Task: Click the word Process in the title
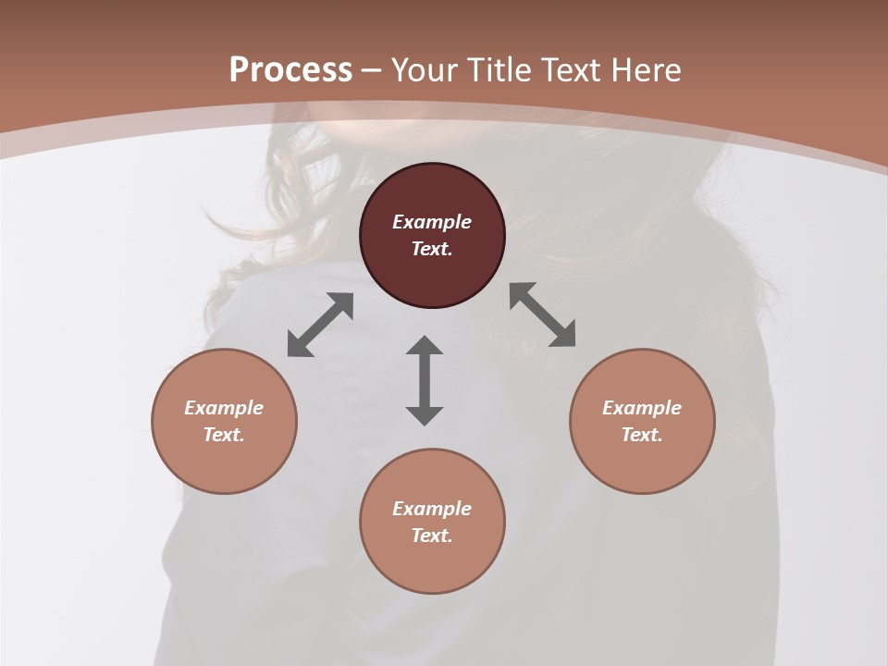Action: pyautogui.click(x=290, y=70)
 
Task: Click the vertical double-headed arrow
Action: pyautogui.click(x=425, y=380)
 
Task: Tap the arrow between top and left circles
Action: pyautogui.click(x=320, y=325)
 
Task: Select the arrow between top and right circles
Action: pyautogui.click(x=543, y=314)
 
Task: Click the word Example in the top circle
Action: pyautogui.click(x=432, y=222)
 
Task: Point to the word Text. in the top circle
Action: pyautogui.click(x=432, y=249)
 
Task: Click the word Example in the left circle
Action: pyautogui.click(x=224, y=408)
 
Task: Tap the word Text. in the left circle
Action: pyautogui.click(x=224, y=435)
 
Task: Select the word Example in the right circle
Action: pyautogui.click(x=642, y=408)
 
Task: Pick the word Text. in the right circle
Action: pyautogui.click(x=642, y=435)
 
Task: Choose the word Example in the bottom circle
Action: pyautogui.click(x=432, y=509)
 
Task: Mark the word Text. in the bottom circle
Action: pyautogui.click(x=432, y=536)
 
